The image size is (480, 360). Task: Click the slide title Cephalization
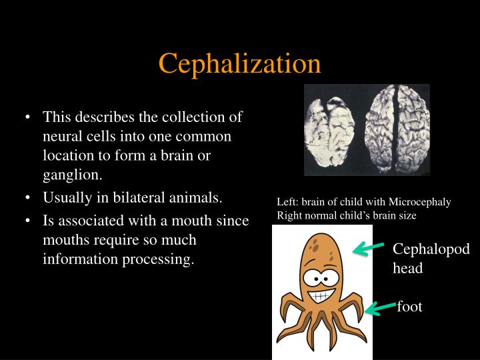pos(240,63)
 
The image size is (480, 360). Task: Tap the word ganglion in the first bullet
pos(71,175)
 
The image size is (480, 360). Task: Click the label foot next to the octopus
pos(410,307)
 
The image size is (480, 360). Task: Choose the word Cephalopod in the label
pos(431,249)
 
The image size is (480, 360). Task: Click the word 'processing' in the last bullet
pos(159,259)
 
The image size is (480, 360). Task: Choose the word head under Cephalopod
pos(407,268)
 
